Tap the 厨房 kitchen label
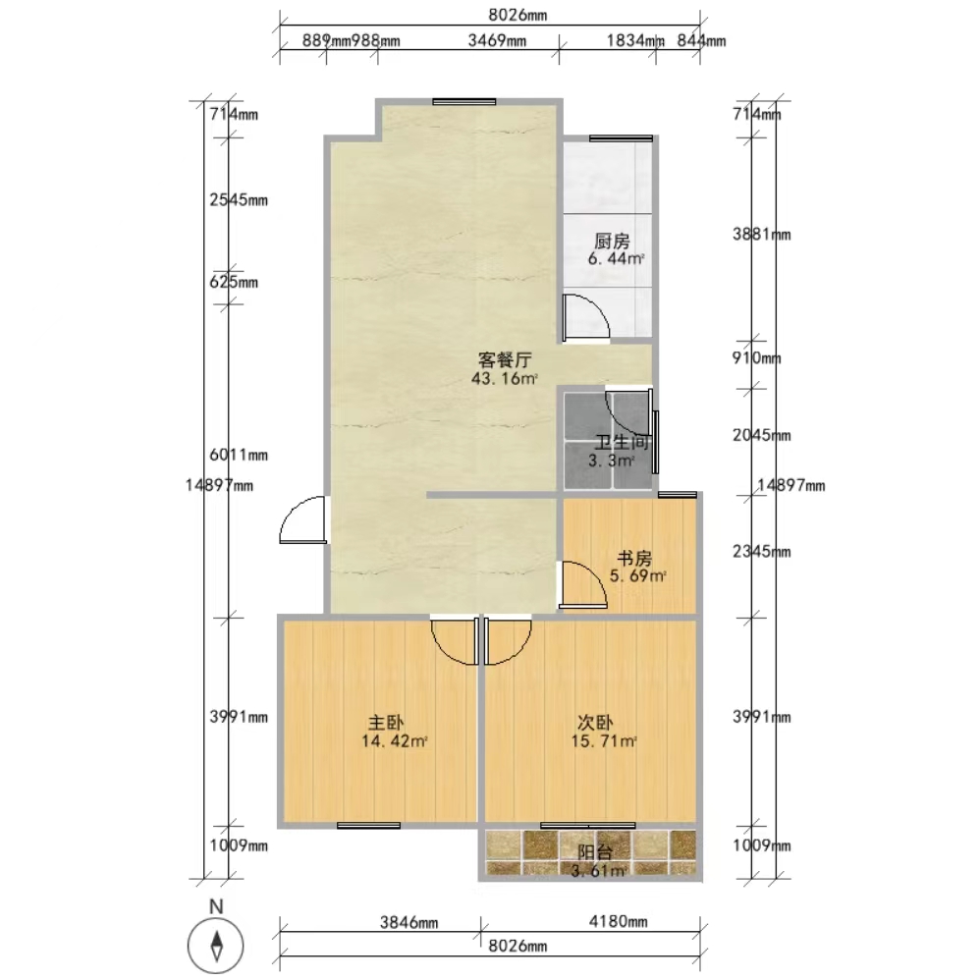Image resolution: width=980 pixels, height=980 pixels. (612, 241)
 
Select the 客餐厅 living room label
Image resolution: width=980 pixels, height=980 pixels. (505, 359)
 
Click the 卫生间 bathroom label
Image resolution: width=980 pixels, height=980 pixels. (622, 443)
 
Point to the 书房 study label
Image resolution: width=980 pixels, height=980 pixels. (634, 558)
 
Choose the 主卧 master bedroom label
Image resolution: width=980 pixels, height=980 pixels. (386, 723)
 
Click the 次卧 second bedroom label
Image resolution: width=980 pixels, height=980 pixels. (594, 723)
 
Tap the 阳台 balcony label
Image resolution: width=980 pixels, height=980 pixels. (594, 852)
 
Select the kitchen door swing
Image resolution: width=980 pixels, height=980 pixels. (585, 318)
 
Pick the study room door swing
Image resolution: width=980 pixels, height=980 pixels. (582, 584)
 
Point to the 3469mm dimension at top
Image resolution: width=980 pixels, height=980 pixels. (497, 41)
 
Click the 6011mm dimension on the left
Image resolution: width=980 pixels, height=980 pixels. (239, 455)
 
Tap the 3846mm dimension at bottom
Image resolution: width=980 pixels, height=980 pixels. (408, 922)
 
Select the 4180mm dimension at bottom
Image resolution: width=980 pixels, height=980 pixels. (618, 921)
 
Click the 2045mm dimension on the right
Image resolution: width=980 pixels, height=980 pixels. (762, 435)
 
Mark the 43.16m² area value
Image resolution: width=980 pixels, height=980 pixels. (505, 378)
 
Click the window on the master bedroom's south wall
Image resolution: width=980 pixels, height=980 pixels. (369, 826)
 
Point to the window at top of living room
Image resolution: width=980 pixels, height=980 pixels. (463, 102)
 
